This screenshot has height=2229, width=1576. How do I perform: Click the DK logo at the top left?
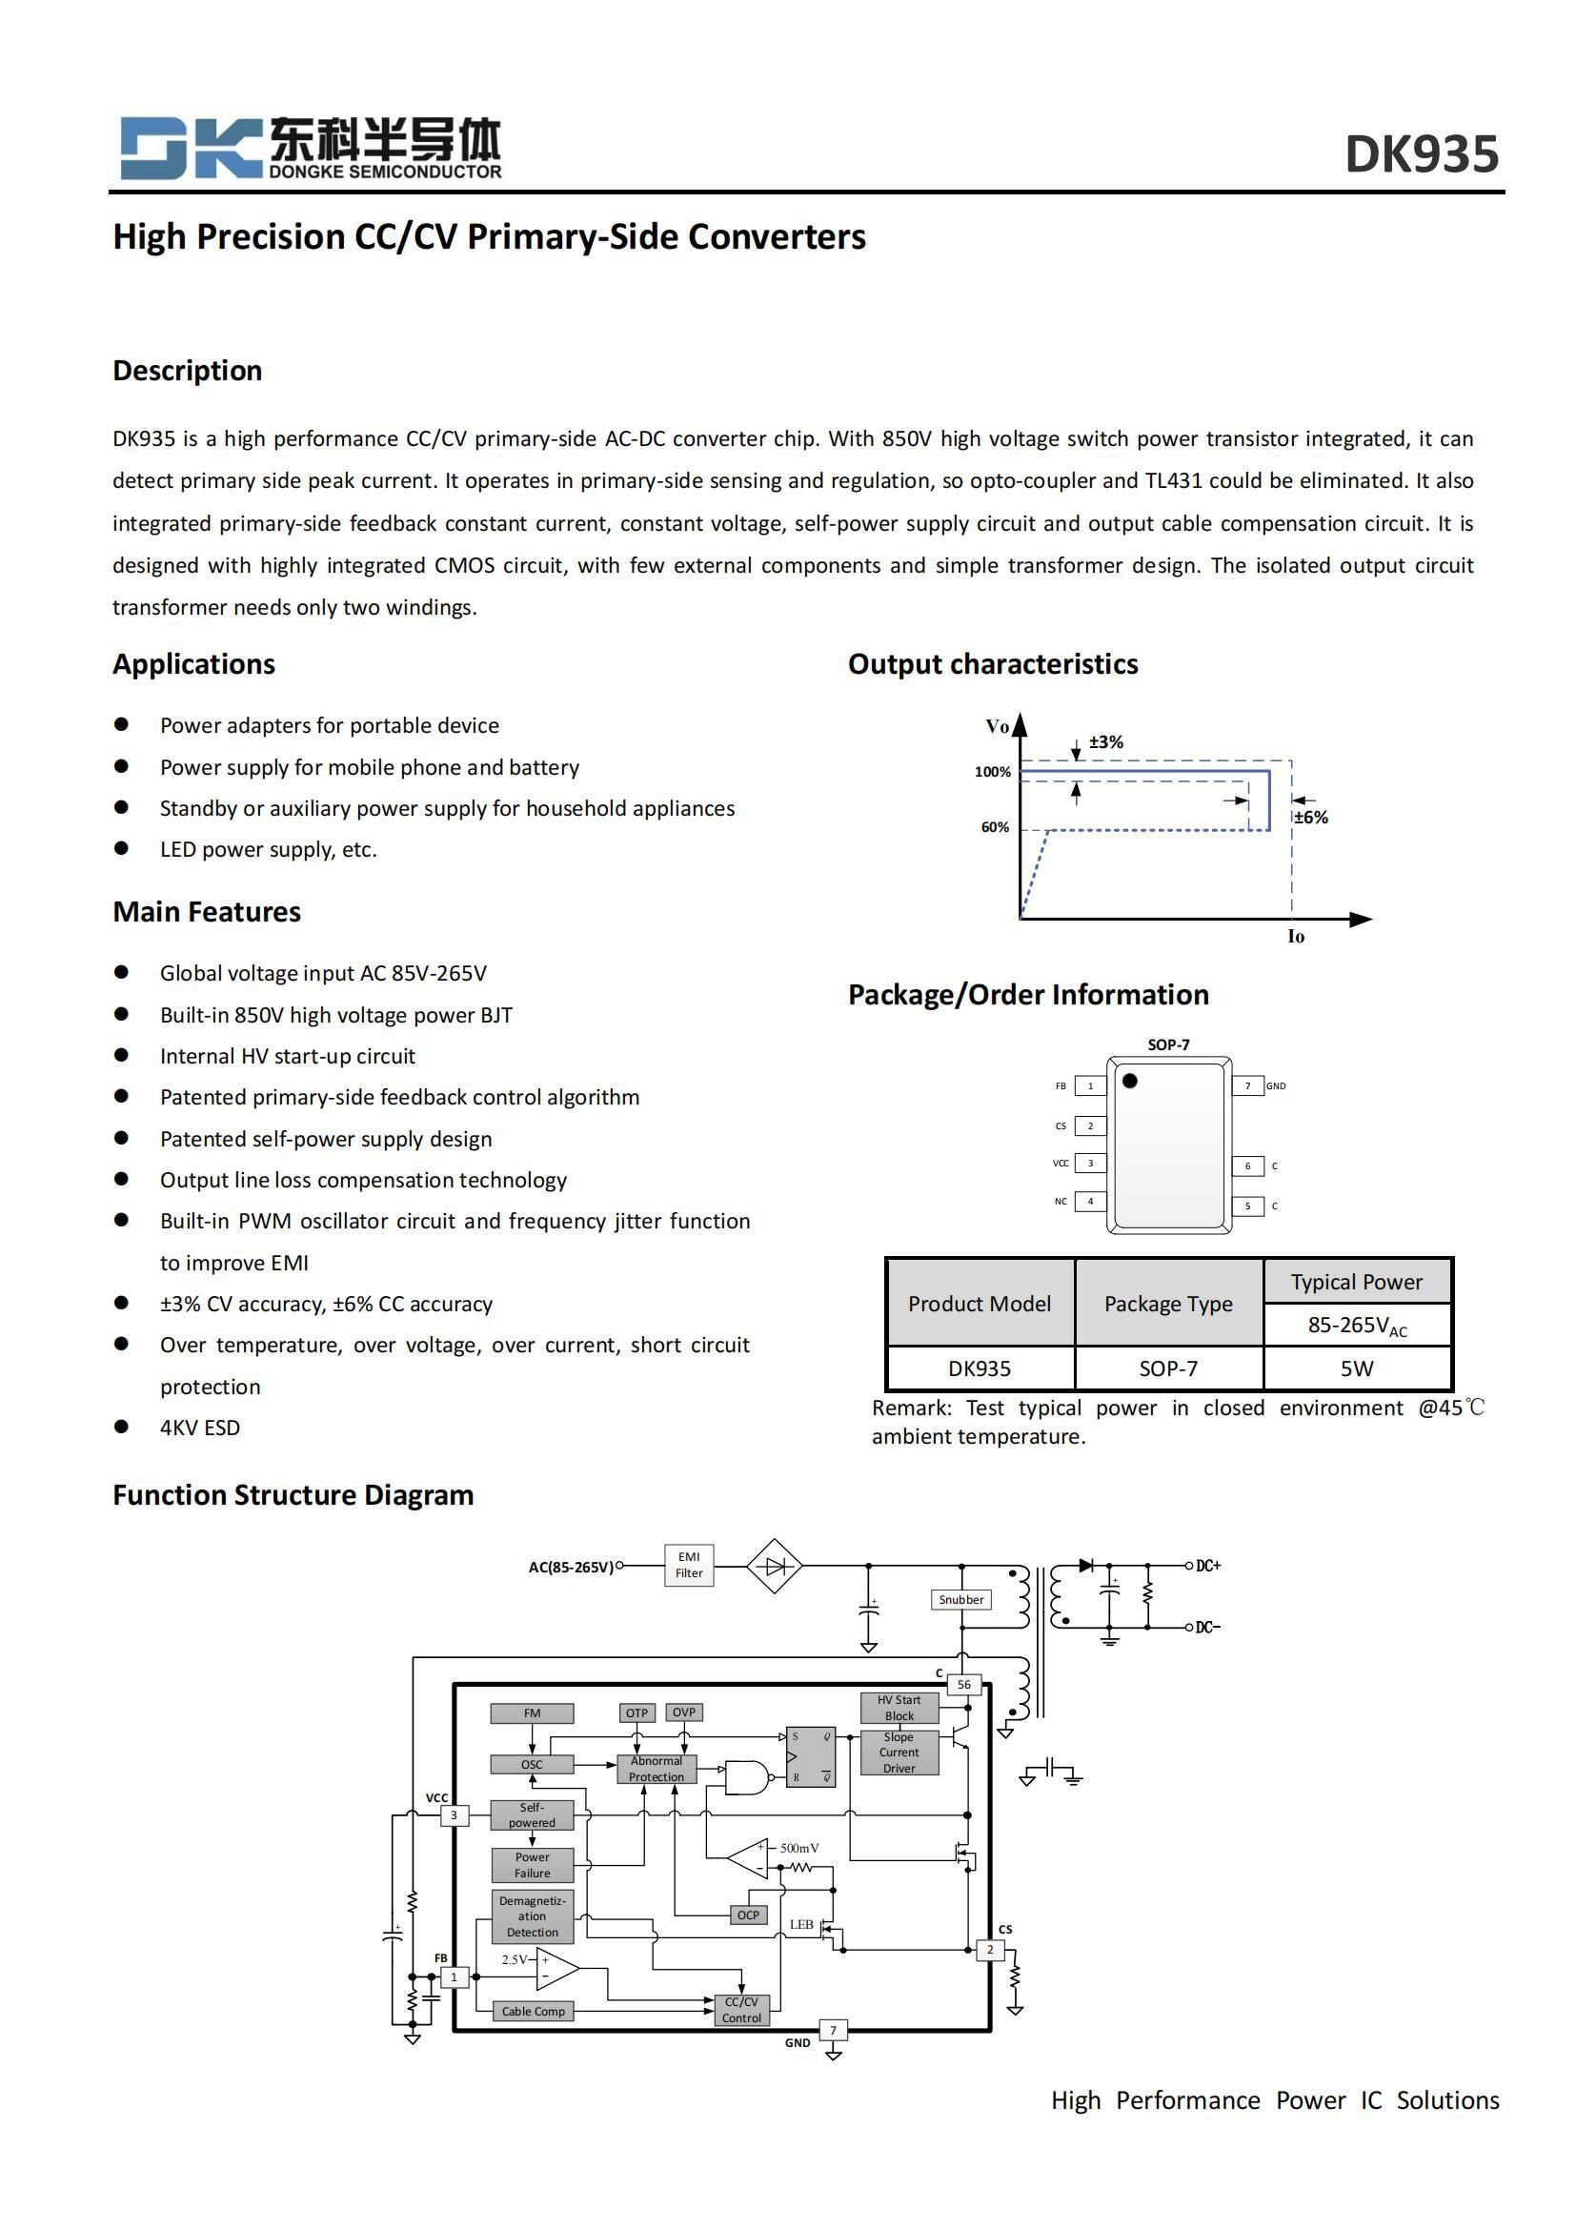pyautogui.click(x=191, y=148)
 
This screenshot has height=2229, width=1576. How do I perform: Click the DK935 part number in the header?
pyautogui.click(x=1421, y=154)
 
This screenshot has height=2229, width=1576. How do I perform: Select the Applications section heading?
pyautogui.click(x=194, y=664)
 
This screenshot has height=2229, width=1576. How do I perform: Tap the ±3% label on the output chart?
pyautogui.click(x=1105, y=741)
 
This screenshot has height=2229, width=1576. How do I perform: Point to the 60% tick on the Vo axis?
pyautogui.click(x=995, y=827)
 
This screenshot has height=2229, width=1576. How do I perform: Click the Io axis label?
pyautogui.click(x=1296, y=937)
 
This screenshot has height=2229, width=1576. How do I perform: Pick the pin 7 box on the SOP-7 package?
pyautogui.click(x=1248, y=1085)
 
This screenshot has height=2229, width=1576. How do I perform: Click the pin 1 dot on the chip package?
pyautogui.click(x=1130, y=1081)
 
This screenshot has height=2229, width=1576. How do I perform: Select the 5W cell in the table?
pyautogui.click(x=1356, y=1368)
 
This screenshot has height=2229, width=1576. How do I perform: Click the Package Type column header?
pyautogui.click(x=1167, y=1304)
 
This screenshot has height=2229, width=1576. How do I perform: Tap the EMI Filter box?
pyautogui.click(x=689, y=1565)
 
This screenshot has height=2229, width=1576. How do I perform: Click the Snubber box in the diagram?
pyautogui.click(x=960, y=1599)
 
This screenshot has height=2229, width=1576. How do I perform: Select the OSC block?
pyautogui.click(x=532, y=1764)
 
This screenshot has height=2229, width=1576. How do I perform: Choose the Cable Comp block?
pyautogui.click(x=533, y=2011)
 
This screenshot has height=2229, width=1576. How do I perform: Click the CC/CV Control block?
pyautogui.click(x=741, y=2010)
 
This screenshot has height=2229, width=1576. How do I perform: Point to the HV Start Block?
pyautogui.click(x=899, y=1708)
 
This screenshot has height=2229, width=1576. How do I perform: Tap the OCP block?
pyautogui.click(x=748, y=1915)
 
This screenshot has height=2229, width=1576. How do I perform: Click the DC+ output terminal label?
pyautogui.click(x=1208, y=1566)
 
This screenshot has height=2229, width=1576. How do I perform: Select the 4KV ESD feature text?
pyautogui.click(x=200, y=1428)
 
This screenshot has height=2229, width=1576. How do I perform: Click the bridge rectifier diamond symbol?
pyautogui.click(x=774, y=1566)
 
